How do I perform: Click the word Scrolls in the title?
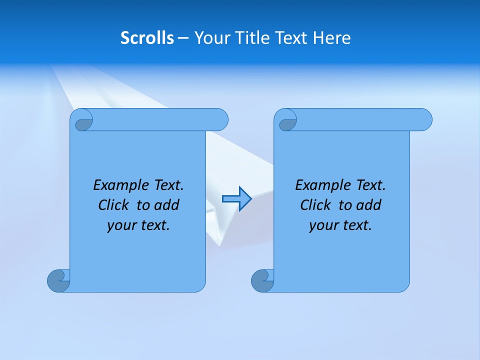point(147,37)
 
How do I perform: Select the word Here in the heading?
point(331,37)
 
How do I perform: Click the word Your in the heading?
point(211,37)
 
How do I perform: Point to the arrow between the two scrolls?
point(236,199)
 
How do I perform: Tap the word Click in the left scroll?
point(114,205)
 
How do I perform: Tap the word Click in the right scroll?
point(316,205)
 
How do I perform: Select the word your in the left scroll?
point(121,225)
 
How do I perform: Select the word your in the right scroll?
point(323,225)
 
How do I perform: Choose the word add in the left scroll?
point(167,205)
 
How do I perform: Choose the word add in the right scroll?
point(369,205)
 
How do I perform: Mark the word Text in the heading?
point(294,37)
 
